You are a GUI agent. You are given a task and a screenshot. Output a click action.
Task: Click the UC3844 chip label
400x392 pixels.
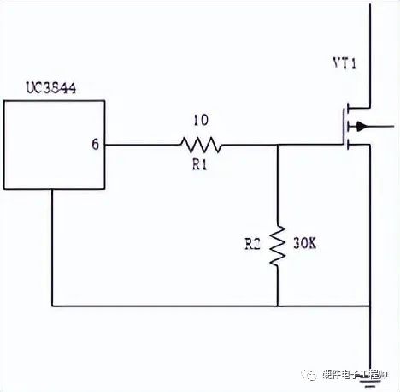(51, 88)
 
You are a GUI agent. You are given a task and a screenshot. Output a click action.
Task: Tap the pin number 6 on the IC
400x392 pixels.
(96, 145)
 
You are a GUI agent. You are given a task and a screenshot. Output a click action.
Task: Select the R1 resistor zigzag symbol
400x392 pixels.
(201, 145)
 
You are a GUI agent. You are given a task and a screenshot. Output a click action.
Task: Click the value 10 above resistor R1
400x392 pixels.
(201, 120)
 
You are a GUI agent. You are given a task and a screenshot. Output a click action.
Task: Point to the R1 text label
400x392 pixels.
(200, 164)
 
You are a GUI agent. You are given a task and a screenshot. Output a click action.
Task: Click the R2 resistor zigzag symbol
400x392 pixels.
(278, 246)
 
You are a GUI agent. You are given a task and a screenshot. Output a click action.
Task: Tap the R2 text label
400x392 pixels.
(252, 244)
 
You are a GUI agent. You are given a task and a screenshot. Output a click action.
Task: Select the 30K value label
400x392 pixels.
(304, 243)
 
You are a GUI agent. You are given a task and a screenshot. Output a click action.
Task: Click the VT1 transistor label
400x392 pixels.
(344, 63)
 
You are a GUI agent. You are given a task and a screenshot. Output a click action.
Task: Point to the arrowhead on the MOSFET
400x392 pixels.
(361, 126)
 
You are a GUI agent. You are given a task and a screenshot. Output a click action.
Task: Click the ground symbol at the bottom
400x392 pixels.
(370, 382)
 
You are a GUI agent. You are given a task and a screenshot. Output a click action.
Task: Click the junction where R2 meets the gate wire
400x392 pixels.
(278, 145)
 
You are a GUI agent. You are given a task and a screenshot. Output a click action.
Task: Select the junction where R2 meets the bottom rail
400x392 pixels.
(278, 306)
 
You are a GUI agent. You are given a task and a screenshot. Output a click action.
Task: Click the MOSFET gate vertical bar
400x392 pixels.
(343, 127)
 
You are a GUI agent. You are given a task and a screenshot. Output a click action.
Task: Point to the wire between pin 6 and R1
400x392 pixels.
(143, 145)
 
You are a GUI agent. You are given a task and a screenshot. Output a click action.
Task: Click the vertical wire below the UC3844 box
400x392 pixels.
(52, 247)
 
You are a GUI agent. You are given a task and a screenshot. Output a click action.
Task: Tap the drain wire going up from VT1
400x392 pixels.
(370, 56)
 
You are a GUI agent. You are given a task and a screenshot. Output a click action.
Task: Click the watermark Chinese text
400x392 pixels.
(355, 374)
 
